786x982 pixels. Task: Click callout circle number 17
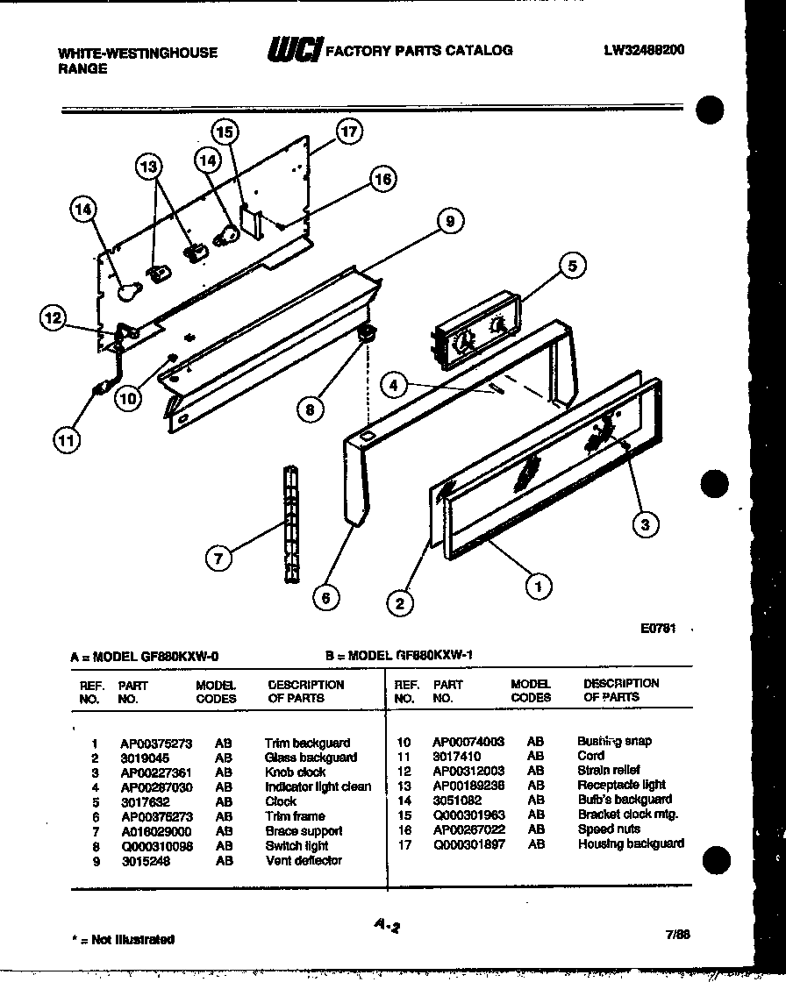tap(349, 132)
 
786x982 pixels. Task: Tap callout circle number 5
tap(572, 265)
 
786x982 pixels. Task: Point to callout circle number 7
tap(219, 557)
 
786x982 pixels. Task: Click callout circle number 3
tap(646, 524)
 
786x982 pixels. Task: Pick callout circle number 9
tap(450, 222)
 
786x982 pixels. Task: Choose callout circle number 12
tap(54, 318)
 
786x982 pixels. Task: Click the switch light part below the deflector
tap(368, 332)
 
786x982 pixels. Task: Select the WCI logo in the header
tap(294, 50)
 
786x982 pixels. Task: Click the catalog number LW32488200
tap(643, 50)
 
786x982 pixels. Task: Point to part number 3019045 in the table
tap(145, 758)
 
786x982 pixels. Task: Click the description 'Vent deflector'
tap(304, 861)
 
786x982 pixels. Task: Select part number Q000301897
tap(469, 844)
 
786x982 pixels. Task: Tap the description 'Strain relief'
tap(609, 770)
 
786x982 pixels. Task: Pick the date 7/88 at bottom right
tap(678, 935)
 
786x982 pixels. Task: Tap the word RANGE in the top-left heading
tap(82, 68)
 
